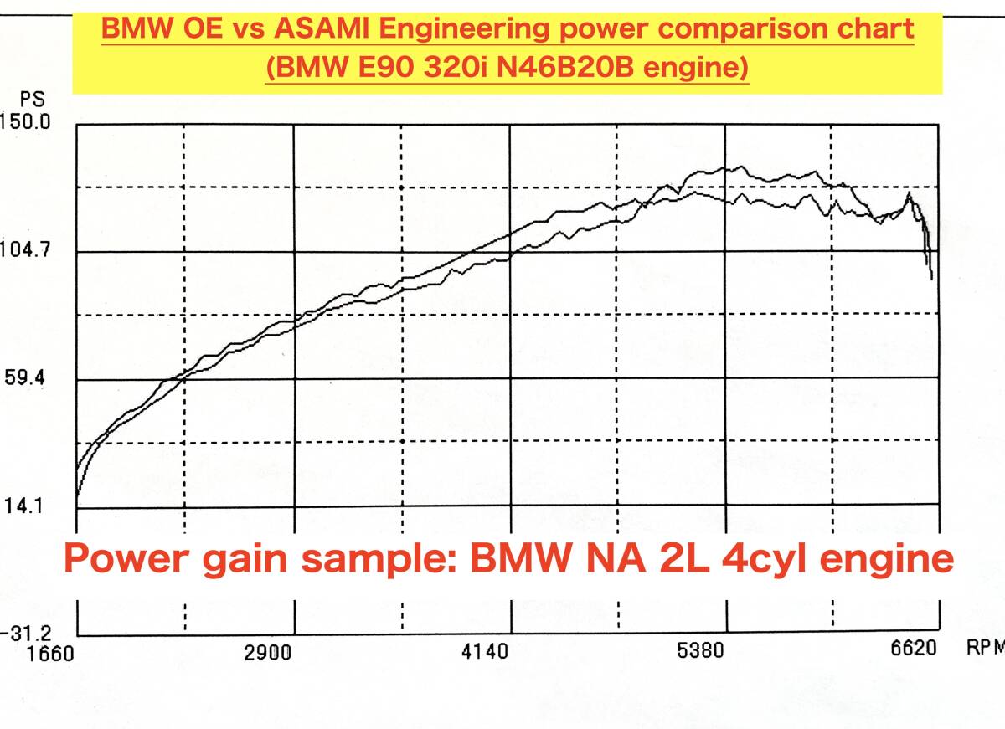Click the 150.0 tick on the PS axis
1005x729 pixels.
coord(27,122)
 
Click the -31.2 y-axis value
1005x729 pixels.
coord(27,634)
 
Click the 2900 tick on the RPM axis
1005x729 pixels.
coord(268,653)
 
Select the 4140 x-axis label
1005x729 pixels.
coord(486,653)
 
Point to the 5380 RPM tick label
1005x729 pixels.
coord(702,652)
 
